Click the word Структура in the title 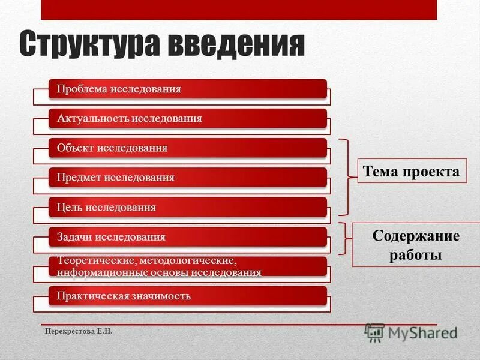(89, 44)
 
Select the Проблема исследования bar (187, 89)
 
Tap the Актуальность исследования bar (187, 118)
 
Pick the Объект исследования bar (187, 148)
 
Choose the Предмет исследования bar (187, 178)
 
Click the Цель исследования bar (187, 207)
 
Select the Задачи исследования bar (187, 236)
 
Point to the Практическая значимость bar (187, 296)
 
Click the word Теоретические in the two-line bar (94, 262)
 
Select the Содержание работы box (415, 245)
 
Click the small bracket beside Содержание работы (344, 238)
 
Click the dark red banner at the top (239, 10)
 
